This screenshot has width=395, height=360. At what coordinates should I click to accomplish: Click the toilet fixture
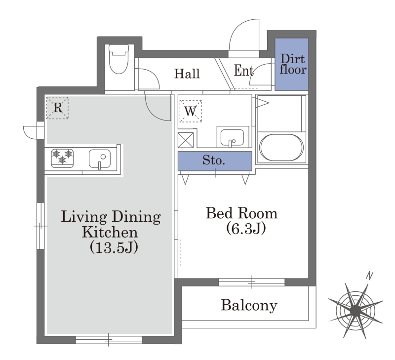coord(119,59)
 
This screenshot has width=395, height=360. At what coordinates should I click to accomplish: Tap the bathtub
coord(281,148)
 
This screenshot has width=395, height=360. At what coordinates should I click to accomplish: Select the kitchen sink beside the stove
coord(100,159)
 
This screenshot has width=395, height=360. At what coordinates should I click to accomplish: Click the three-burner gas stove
coord(63,158)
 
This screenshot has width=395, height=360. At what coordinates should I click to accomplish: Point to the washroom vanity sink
coord(232,138)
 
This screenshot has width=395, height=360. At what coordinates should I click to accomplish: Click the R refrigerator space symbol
coord(57,108)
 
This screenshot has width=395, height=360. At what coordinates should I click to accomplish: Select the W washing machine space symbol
coord(191,111)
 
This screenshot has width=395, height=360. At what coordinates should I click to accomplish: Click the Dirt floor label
coord(293,64)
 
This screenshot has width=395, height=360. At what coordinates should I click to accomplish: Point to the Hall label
coord(187,74)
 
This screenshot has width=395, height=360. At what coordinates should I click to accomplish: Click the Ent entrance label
coord(243,71)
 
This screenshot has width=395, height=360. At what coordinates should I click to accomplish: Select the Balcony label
coord(249,305)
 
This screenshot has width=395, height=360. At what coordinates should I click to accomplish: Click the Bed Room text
coord(241,213)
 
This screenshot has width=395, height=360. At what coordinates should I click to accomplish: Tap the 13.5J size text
coord(114,247)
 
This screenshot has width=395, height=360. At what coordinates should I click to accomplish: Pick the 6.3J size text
coord(245,229)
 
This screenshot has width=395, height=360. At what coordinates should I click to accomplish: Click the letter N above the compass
coord(369,276)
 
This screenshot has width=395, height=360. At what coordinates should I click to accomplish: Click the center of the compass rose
coord(355,311)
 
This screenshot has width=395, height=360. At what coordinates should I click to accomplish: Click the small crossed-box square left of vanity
coord(186,140)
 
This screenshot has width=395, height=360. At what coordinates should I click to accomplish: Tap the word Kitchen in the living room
coord(110,232)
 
